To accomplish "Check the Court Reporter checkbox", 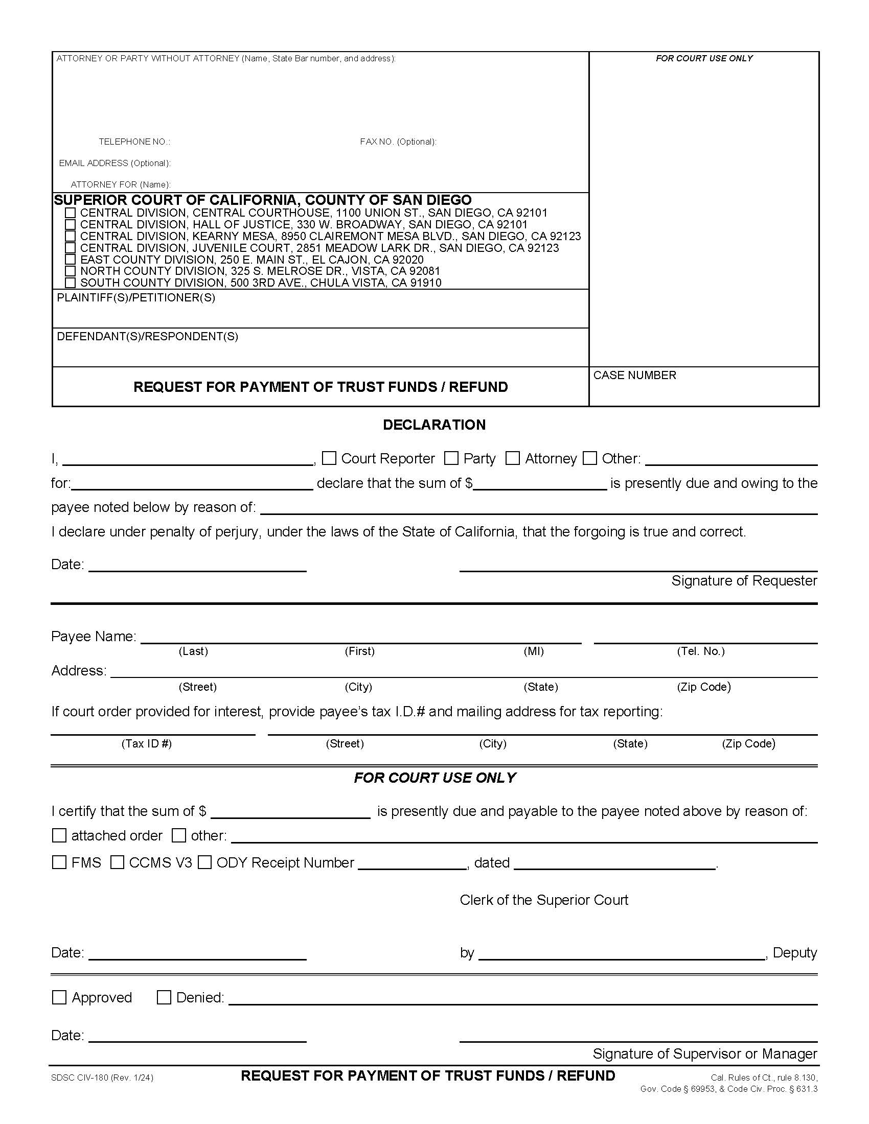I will click(x=329, y=458).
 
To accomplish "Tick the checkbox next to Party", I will click(x=451, y=458).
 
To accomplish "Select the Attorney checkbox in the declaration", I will click(x=512, y=458).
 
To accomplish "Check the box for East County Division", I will click(x=71, y=260).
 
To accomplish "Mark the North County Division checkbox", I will click(x=71, y=271).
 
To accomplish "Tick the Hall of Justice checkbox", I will click(x=71, y=224).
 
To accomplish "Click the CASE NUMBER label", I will click(x=634, y=375).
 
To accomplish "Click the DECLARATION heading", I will click(x=434, y=425).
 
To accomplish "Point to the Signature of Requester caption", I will click(x=744, y=580).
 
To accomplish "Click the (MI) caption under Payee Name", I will click(x=533, y=651).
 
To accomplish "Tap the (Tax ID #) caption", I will click(x=146, y=743).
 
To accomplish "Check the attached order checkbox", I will click(x=59, y=835).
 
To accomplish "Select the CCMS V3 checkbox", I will click(x=118, y=862).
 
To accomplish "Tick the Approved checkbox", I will click(x=59, y=997).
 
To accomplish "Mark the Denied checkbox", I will click(x=164, y=997).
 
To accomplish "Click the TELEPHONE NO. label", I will click(x=134, y=142).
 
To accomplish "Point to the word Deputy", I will click(x=794, y=953).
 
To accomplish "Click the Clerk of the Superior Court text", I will click(x=544, y=900).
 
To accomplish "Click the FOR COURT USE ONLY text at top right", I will click(x=704, y=59).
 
